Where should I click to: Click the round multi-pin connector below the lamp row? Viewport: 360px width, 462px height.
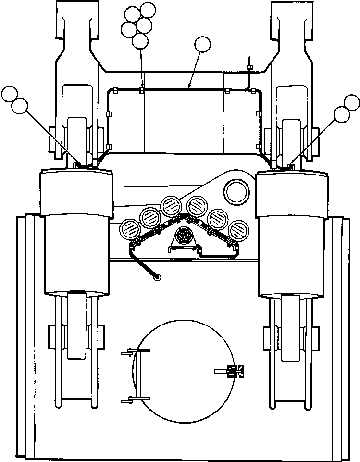click(x=183, y=236)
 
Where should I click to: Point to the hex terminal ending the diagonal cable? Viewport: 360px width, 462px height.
click(x=158, y=277)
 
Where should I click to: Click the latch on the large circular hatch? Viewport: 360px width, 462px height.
click(x=234, y=370)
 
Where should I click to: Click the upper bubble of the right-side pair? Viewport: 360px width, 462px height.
click(x=352, y=102)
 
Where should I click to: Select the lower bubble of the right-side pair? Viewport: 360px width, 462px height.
click(x=342, y=114)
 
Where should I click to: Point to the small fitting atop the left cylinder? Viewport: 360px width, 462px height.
click(x=76, y=165)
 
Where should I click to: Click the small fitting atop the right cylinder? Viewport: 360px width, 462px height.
click(x=290, y=166)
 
